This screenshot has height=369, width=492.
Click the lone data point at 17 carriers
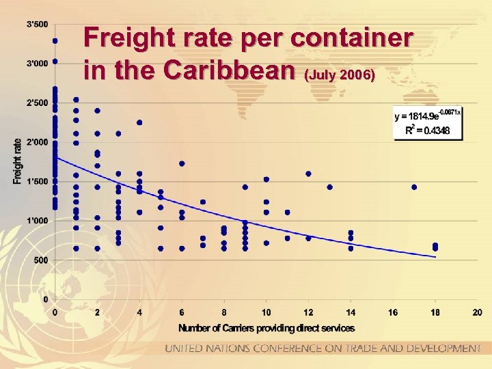[414, 187]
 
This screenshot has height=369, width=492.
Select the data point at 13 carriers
[329, 187]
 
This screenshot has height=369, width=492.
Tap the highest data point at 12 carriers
[308, 174]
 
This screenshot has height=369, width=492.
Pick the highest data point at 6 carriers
[182, 163]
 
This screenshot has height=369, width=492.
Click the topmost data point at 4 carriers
[139, 123]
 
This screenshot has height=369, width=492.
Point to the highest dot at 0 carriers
[55, 40]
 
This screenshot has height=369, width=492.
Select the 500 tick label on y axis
[41, 260]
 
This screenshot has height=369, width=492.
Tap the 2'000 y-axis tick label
[37, 142]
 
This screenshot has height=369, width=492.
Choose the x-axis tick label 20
[477, 313]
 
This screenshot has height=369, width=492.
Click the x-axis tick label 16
[393, 313]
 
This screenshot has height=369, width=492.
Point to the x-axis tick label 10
[266, 313]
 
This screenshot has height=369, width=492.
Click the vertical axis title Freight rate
[17, 161]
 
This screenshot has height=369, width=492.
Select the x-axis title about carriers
[266, 328]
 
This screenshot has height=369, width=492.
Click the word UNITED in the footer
[184, 348]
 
